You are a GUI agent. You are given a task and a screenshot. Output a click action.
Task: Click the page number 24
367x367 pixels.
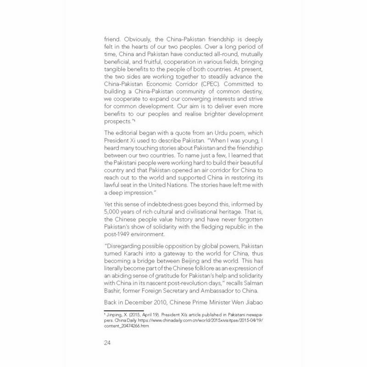[x=109, y=343]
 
